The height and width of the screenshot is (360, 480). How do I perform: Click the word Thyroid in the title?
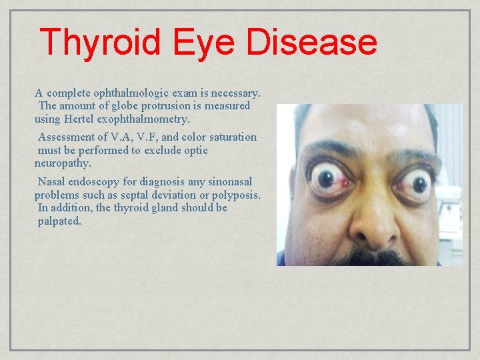point(100,42)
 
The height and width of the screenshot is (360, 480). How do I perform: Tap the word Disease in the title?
point(311,42)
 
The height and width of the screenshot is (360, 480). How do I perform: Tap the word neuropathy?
point(63,163)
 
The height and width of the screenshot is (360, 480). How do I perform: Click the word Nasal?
point(52,182)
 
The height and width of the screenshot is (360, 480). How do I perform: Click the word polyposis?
point(234,195)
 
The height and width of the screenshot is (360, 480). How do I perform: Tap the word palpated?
point(59,221)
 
